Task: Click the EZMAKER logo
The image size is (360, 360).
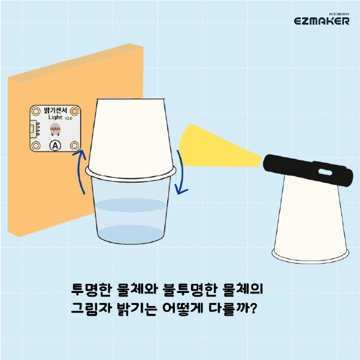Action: pyautogui.click(x=322, y=20)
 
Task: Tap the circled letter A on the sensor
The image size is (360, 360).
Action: pyautogui.click(x=55, y=146)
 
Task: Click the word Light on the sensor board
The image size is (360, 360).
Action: pyautogui.click(x=55, y=117)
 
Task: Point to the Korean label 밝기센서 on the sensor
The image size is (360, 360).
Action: pyautogui.click(x=55, y=110)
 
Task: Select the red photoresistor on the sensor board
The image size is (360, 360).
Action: pyautogui.click(x=55, y=129)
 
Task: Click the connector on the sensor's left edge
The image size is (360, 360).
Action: pyautogui.click(x=34, y=130)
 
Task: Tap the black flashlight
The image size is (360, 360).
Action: pyautogui.click(x=308, y=170)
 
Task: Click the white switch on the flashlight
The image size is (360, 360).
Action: pyautogui.click(x=325, y=172)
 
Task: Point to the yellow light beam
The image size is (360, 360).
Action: pyautogui.click(x=216, y=147)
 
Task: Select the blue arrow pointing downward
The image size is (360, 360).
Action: pyautogui.click(x=182, y=173)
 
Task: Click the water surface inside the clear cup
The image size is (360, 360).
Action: pyautogui.click(x=131, y=205)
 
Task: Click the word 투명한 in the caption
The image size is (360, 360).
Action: pyautogui.click(x=92, y=289)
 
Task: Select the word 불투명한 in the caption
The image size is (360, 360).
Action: pyautogui.click(x=190, y=289)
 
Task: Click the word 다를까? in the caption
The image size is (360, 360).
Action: pyautogui.click(x=232, y=308)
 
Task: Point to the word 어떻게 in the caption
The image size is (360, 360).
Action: pyautogui.click(x=183, y=308)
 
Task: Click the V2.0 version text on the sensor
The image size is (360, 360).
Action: pyautogui.click(x=68, y=119)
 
